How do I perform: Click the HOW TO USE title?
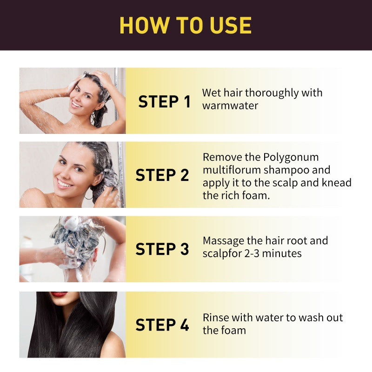tap(186, 25)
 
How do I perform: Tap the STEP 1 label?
tap(165, 102)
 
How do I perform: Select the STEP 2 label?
tap(162, 175)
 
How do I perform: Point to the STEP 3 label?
tap(162, 249)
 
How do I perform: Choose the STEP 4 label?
tap(162, 325)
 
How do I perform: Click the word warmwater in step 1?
tap(230, 106)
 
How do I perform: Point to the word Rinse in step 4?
tap(216, 318)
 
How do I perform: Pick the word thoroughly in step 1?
tap(272, 93)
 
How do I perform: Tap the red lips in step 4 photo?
tap(59, 294)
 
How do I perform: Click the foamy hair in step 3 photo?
tap(77, 235)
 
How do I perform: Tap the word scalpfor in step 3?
tap(226, 253)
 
